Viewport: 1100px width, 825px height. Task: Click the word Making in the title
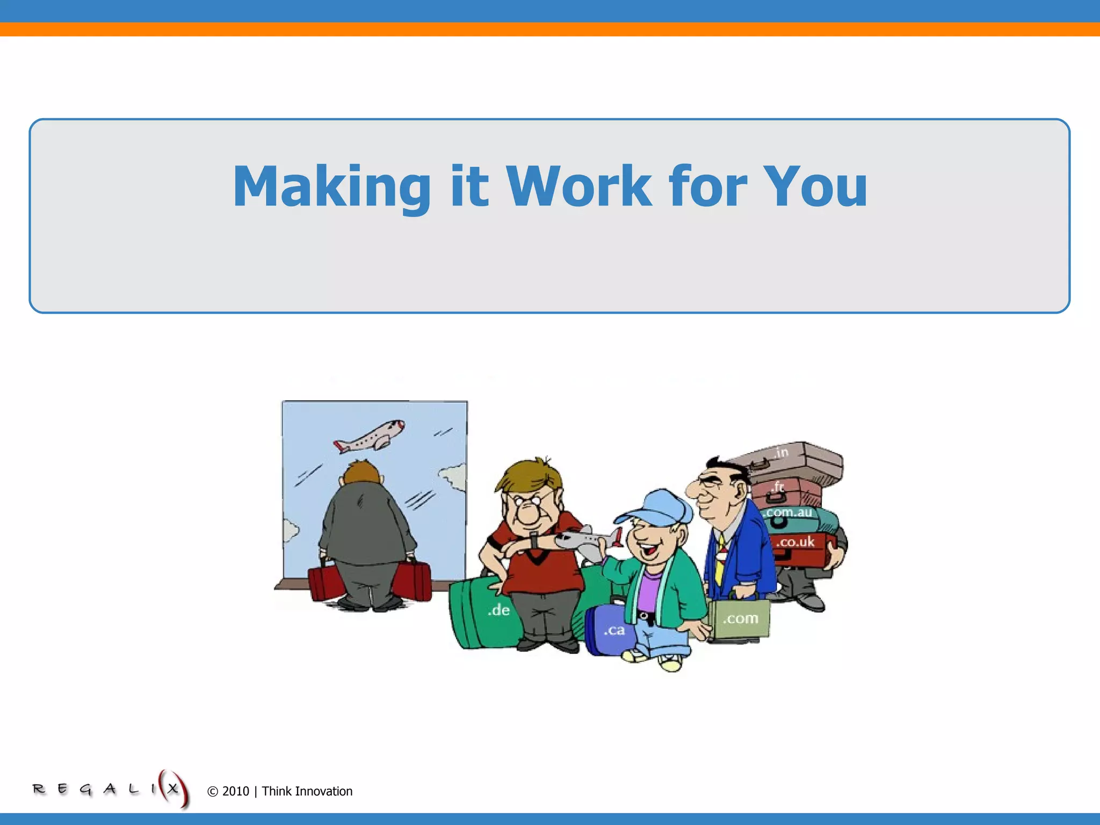331,186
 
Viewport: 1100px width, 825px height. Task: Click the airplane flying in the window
370,436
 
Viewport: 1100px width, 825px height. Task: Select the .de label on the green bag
498,610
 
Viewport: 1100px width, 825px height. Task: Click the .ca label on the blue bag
614,629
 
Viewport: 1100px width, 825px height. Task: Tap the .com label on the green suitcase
741,618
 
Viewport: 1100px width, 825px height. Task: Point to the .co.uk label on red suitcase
795,542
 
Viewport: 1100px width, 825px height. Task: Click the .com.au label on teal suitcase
788,512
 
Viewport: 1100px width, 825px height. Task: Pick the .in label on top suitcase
781,452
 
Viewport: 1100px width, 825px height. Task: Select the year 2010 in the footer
236,791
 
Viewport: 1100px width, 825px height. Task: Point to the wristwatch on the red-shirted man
534,540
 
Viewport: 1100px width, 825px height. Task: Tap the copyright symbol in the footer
213,792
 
